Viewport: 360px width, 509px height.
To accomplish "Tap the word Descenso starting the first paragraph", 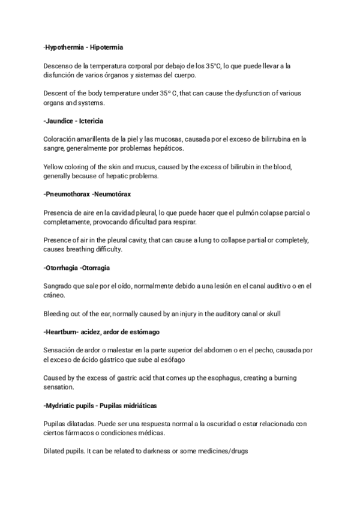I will [58, 65].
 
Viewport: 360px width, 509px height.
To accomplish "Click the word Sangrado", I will [58, 286].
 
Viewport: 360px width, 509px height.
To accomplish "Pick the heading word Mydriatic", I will [61, 405].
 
